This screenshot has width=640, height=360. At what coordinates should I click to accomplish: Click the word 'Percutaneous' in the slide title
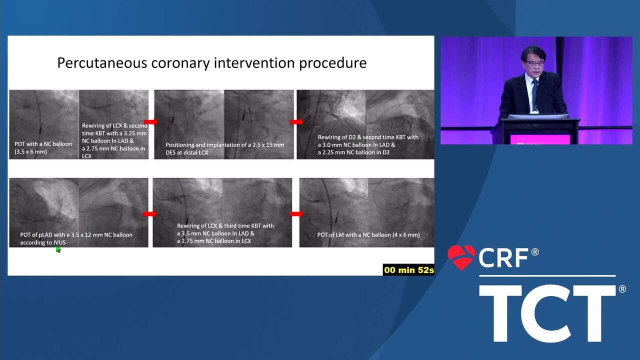102,63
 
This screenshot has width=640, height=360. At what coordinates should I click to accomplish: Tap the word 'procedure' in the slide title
333,63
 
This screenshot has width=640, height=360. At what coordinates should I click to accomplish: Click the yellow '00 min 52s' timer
408,270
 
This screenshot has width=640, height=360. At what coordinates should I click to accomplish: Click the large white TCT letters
547,313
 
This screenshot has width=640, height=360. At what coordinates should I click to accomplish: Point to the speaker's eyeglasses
534,63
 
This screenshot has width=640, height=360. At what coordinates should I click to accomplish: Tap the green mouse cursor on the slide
58,249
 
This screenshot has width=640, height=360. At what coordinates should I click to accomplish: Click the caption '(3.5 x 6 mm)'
30,151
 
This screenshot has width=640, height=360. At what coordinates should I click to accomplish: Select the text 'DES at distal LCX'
187,152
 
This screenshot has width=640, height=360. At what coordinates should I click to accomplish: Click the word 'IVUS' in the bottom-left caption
59,242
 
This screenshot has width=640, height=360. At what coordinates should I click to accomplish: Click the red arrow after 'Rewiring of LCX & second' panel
151,122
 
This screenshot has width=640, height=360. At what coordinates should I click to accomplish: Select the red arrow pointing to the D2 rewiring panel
296,122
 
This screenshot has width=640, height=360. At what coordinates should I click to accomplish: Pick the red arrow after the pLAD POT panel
150,213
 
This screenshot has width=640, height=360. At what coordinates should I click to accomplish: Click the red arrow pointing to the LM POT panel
296,213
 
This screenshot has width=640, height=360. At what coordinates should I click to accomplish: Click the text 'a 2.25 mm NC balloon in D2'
353,152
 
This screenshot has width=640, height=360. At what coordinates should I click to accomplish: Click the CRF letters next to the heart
503,258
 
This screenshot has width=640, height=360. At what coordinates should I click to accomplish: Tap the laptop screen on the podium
538,116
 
